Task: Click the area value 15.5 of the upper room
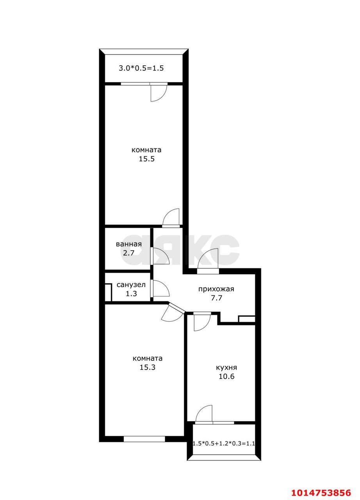pos(146,159)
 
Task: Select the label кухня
pos(226,368)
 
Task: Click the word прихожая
pos(216,289)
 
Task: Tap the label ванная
pos(128,244)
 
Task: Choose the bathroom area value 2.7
pos(128,253)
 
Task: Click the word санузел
pos(131,285)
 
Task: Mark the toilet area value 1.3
pos(131,294)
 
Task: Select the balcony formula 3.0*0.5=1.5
pos(141,68)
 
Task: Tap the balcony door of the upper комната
pos(158,92)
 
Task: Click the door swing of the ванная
pos(160,257)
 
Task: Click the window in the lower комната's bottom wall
pos(144,439)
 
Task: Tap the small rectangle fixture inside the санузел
pos(108,293)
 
